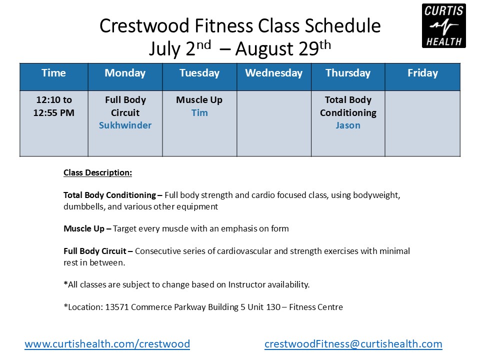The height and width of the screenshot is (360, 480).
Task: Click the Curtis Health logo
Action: click(x=444, y=25)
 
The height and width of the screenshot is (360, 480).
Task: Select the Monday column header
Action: click(x=125, y=73)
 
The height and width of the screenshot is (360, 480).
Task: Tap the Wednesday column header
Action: click(x=274, y=73)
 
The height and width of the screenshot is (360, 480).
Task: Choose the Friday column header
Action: click(x=423, y=73)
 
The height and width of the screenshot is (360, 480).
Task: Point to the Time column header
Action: click(x=54, y=73)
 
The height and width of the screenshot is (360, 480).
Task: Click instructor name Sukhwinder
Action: click(x=125, y=125)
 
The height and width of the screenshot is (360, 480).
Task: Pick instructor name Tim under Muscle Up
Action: click(x=199, y=112)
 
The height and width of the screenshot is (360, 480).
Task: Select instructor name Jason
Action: click(x=348, y=125)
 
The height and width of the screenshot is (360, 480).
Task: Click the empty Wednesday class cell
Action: click(x=274, y=123)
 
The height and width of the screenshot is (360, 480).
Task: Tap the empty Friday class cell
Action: click(x=423, y=123)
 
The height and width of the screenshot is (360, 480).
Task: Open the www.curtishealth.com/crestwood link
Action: click(x=107, y=344)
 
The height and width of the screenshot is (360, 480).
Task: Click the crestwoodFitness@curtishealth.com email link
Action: click(x=353, y=344)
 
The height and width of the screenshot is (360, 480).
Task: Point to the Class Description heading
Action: click(x=98, y=172)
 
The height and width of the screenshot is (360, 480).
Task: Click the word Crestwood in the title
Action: click(x=144, y=25)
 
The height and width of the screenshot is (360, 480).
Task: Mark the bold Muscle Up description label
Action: click(x=84, y=228)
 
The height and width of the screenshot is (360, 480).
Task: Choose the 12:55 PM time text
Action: click(x=54, y=112)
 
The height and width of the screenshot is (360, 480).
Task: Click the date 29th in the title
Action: click(x=314, y=48)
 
